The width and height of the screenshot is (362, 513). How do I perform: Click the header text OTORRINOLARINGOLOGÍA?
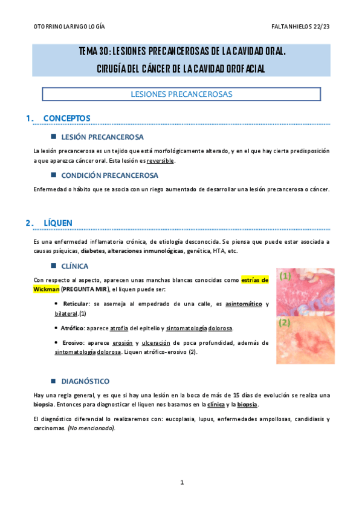68,27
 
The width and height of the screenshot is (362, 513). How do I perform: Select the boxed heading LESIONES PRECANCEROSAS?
181,94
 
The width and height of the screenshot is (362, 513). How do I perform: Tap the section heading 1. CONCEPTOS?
59,118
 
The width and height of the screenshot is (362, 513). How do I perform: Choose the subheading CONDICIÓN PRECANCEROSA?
109,175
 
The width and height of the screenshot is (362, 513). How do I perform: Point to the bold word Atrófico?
74,328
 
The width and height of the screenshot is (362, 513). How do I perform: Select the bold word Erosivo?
73,342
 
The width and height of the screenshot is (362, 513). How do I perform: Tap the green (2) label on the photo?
285,323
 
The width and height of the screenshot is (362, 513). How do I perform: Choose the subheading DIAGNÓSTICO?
85,381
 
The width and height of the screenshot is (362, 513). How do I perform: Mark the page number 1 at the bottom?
181,482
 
